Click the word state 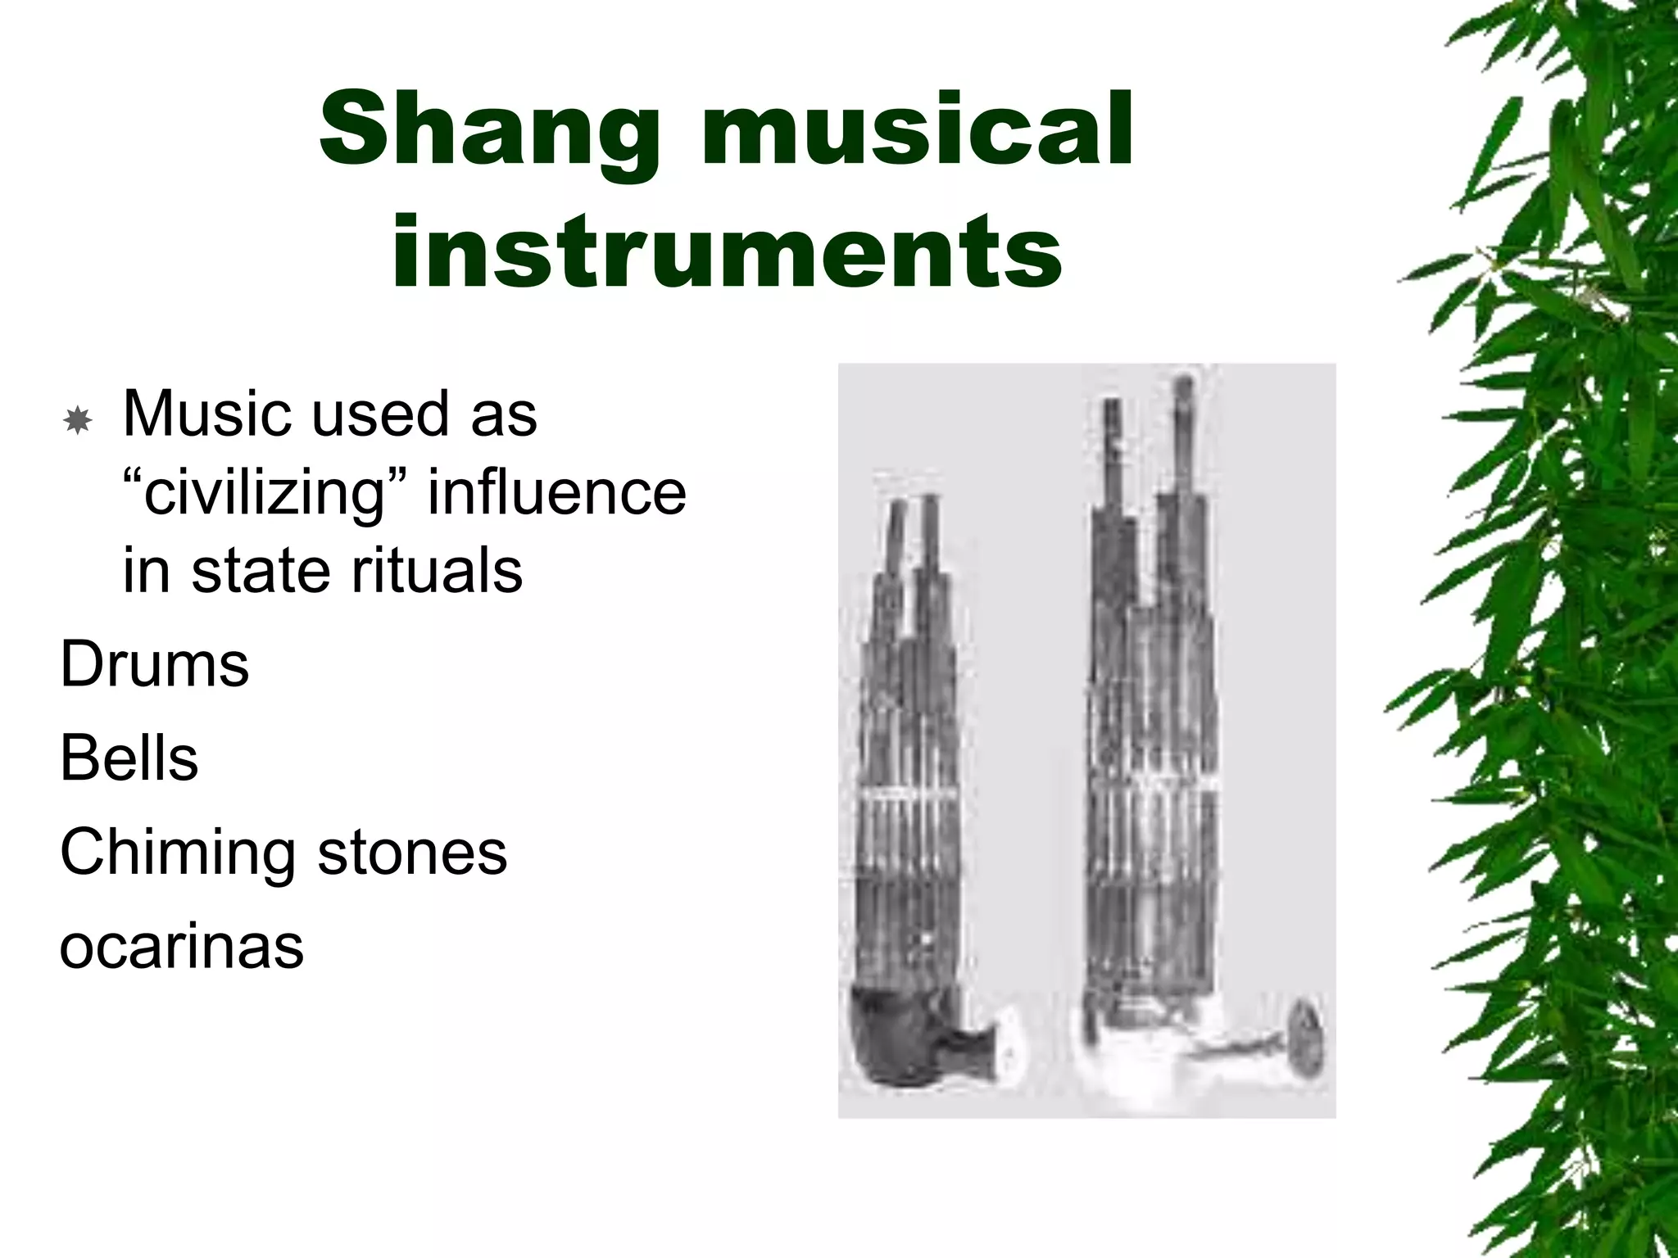tap(263, 572)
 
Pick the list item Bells tap(129, 758)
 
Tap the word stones tap(412, 852)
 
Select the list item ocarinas tap(181, 946)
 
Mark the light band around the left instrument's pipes tap(909, 795)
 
